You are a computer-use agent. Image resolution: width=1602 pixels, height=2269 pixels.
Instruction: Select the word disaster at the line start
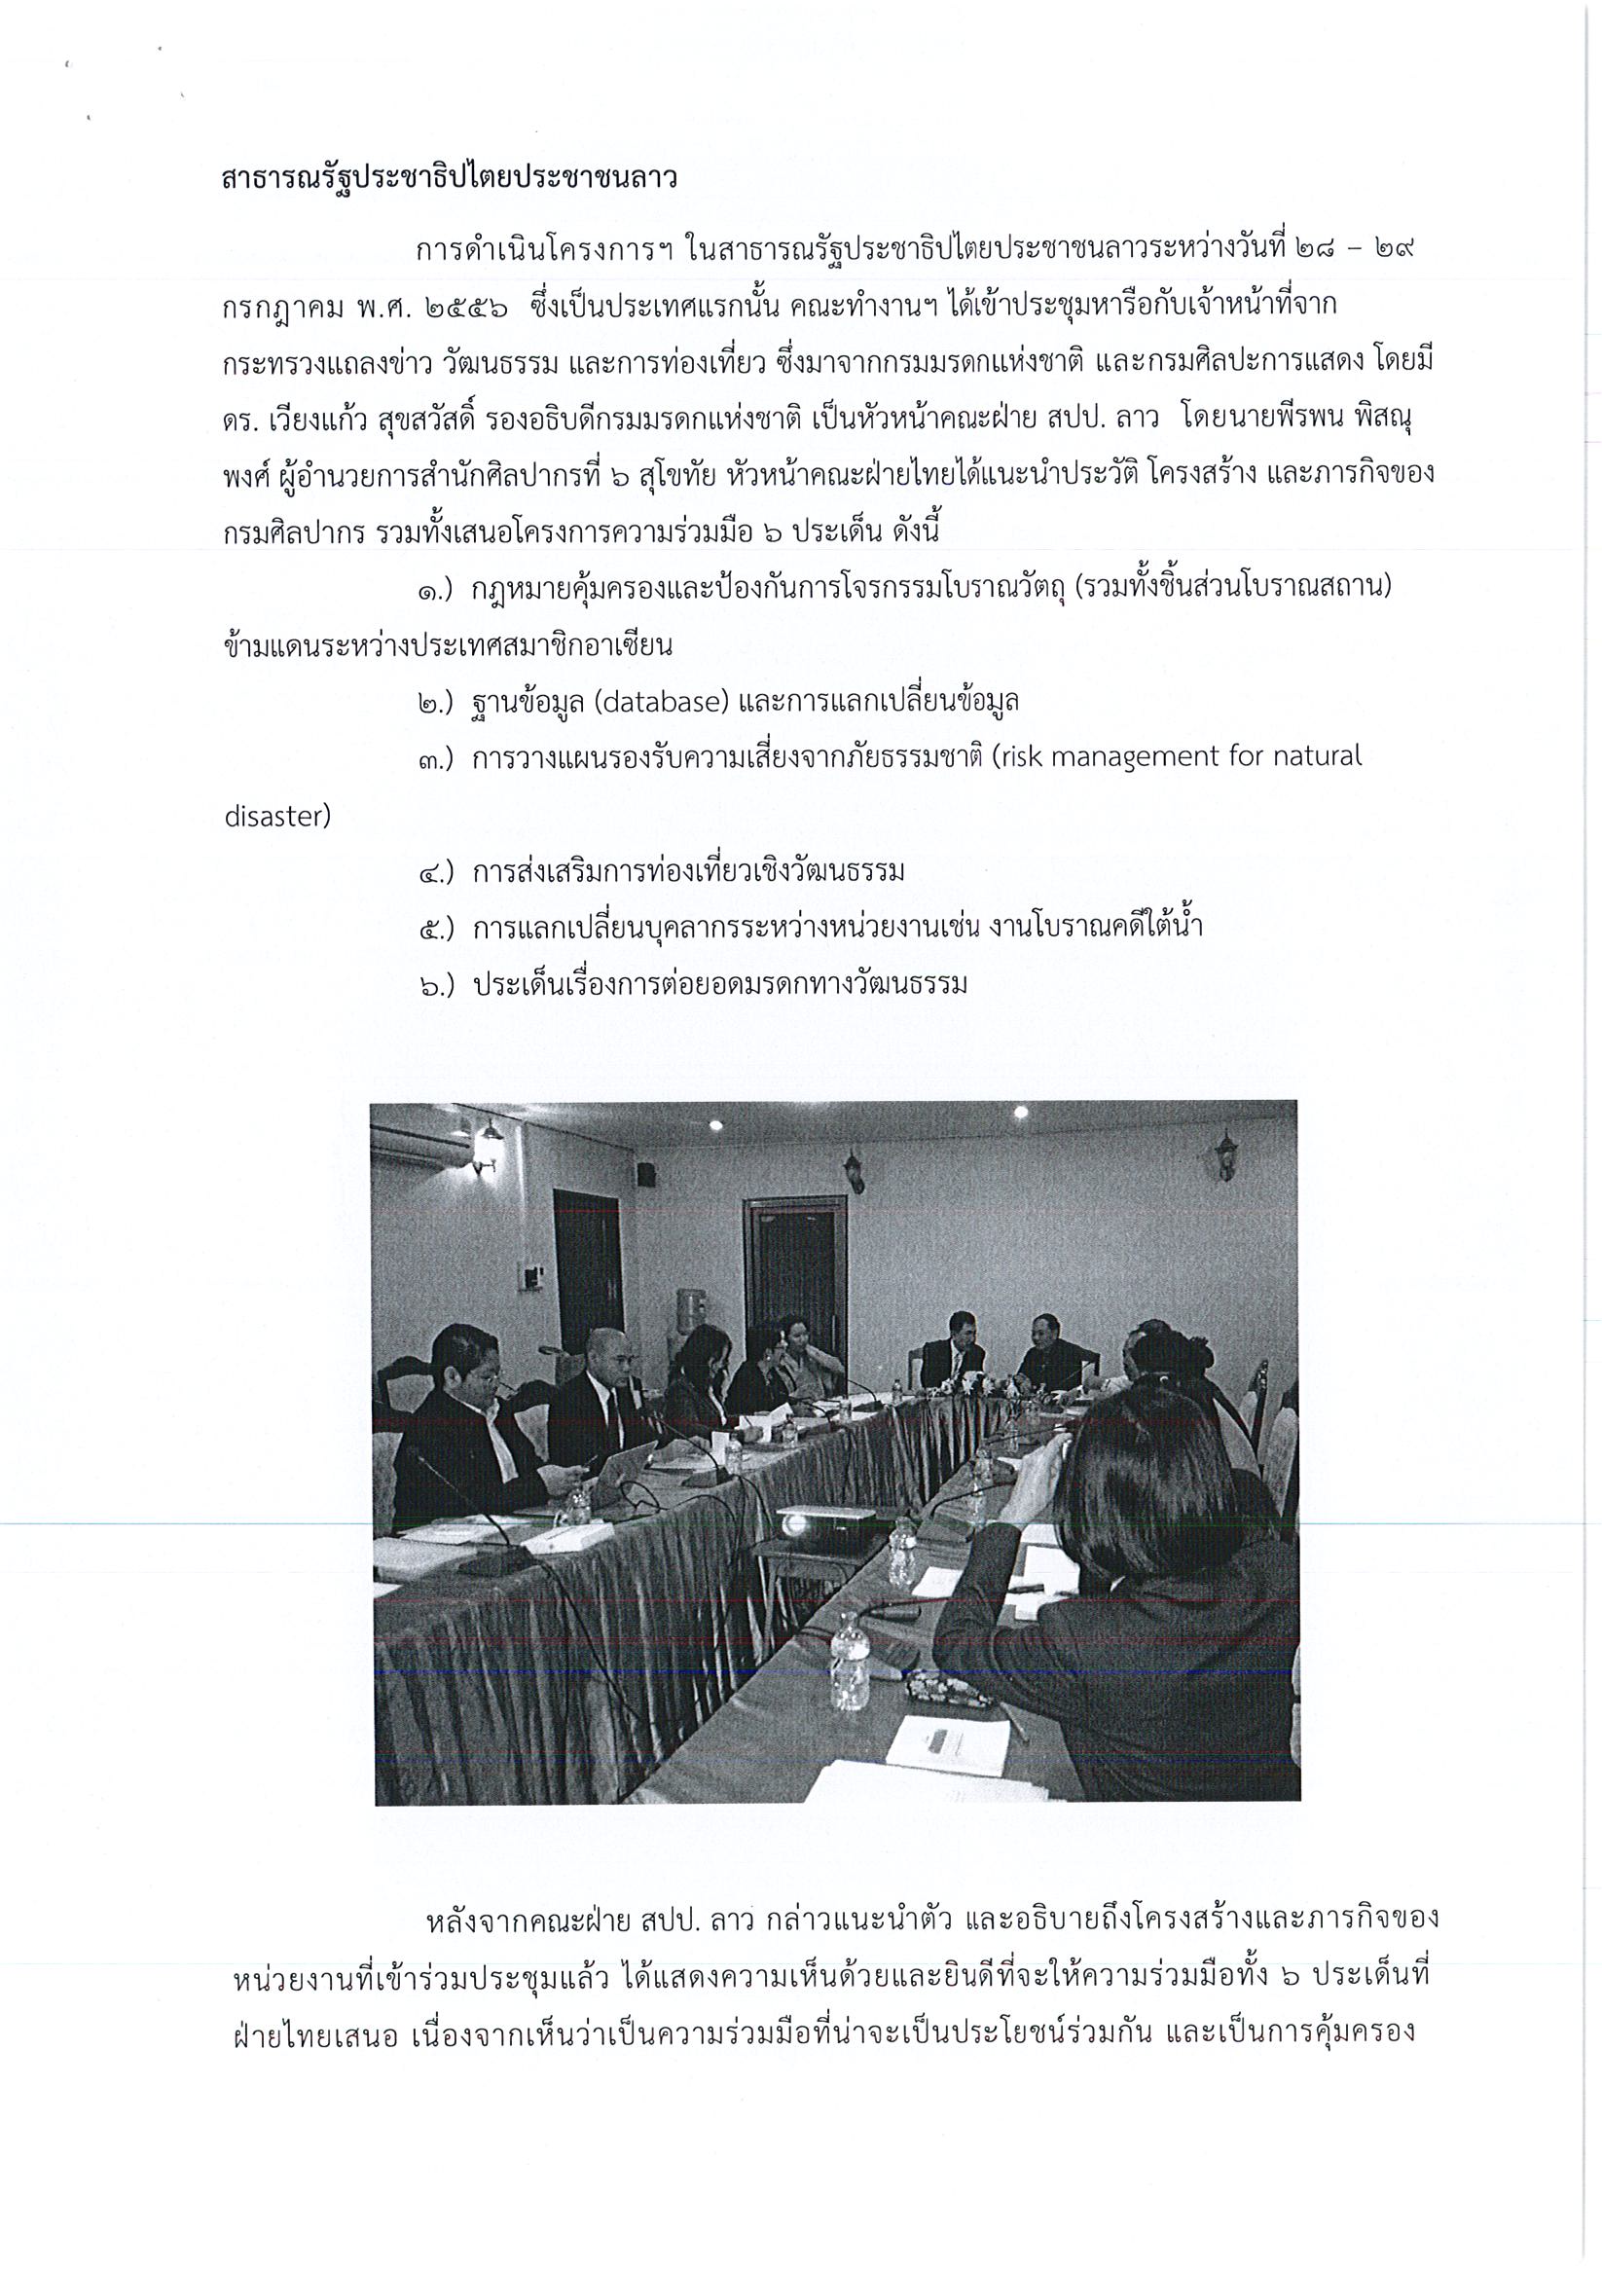277,818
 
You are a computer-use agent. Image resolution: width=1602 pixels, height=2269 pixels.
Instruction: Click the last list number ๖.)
436,985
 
